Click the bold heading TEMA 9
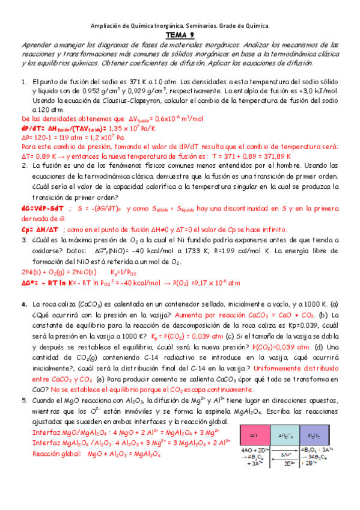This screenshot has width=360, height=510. point(180,35)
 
